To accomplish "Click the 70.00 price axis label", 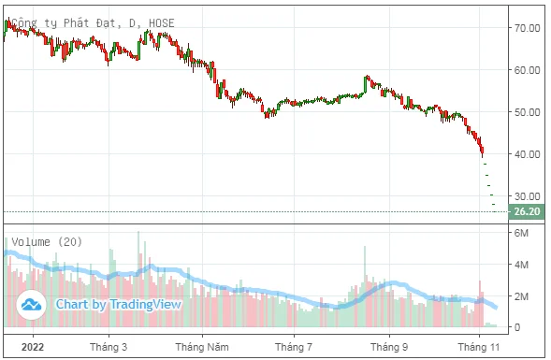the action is (x=527, y=28).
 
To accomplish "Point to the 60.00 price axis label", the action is (x=527, y=70).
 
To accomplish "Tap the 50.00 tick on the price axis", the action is (x=527, y=112).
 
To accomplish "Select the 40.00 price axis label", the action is (x=527, y=154).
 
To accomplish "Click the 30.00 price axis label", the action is (x=527, y=196).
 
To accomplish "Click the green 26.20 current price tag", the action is (x=527, y=211).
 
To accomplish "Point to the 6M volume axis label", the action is (x=521, y=233).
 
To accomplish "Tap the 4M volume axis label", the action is (x=521, y=265).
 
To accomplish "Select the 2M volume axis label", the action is (x=521, y=296).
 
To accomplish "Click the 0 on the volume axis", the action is (x=517, y=327).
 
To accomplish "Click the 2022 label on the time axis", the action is (x=33, y=347).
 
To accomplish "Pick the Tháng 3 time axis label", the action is (x=109, y=347).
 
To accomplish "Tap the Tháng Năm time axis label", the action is (x=202, y=347).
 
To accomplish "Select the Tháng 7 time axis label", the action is (x=294, y=347).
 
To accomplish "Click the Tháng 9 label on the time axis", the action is (x=389, y=347).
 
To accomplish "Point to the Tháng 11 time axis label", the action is (x=479, y=347).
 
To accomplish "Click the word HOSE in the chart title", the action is (x=162, y=23).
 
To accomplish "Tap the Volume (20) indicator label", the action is (x=47, y=241).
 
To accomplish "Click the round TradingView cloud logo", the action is (x=31, y=304).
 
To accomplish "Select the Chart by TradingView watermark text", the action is (x=119, y=304).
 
